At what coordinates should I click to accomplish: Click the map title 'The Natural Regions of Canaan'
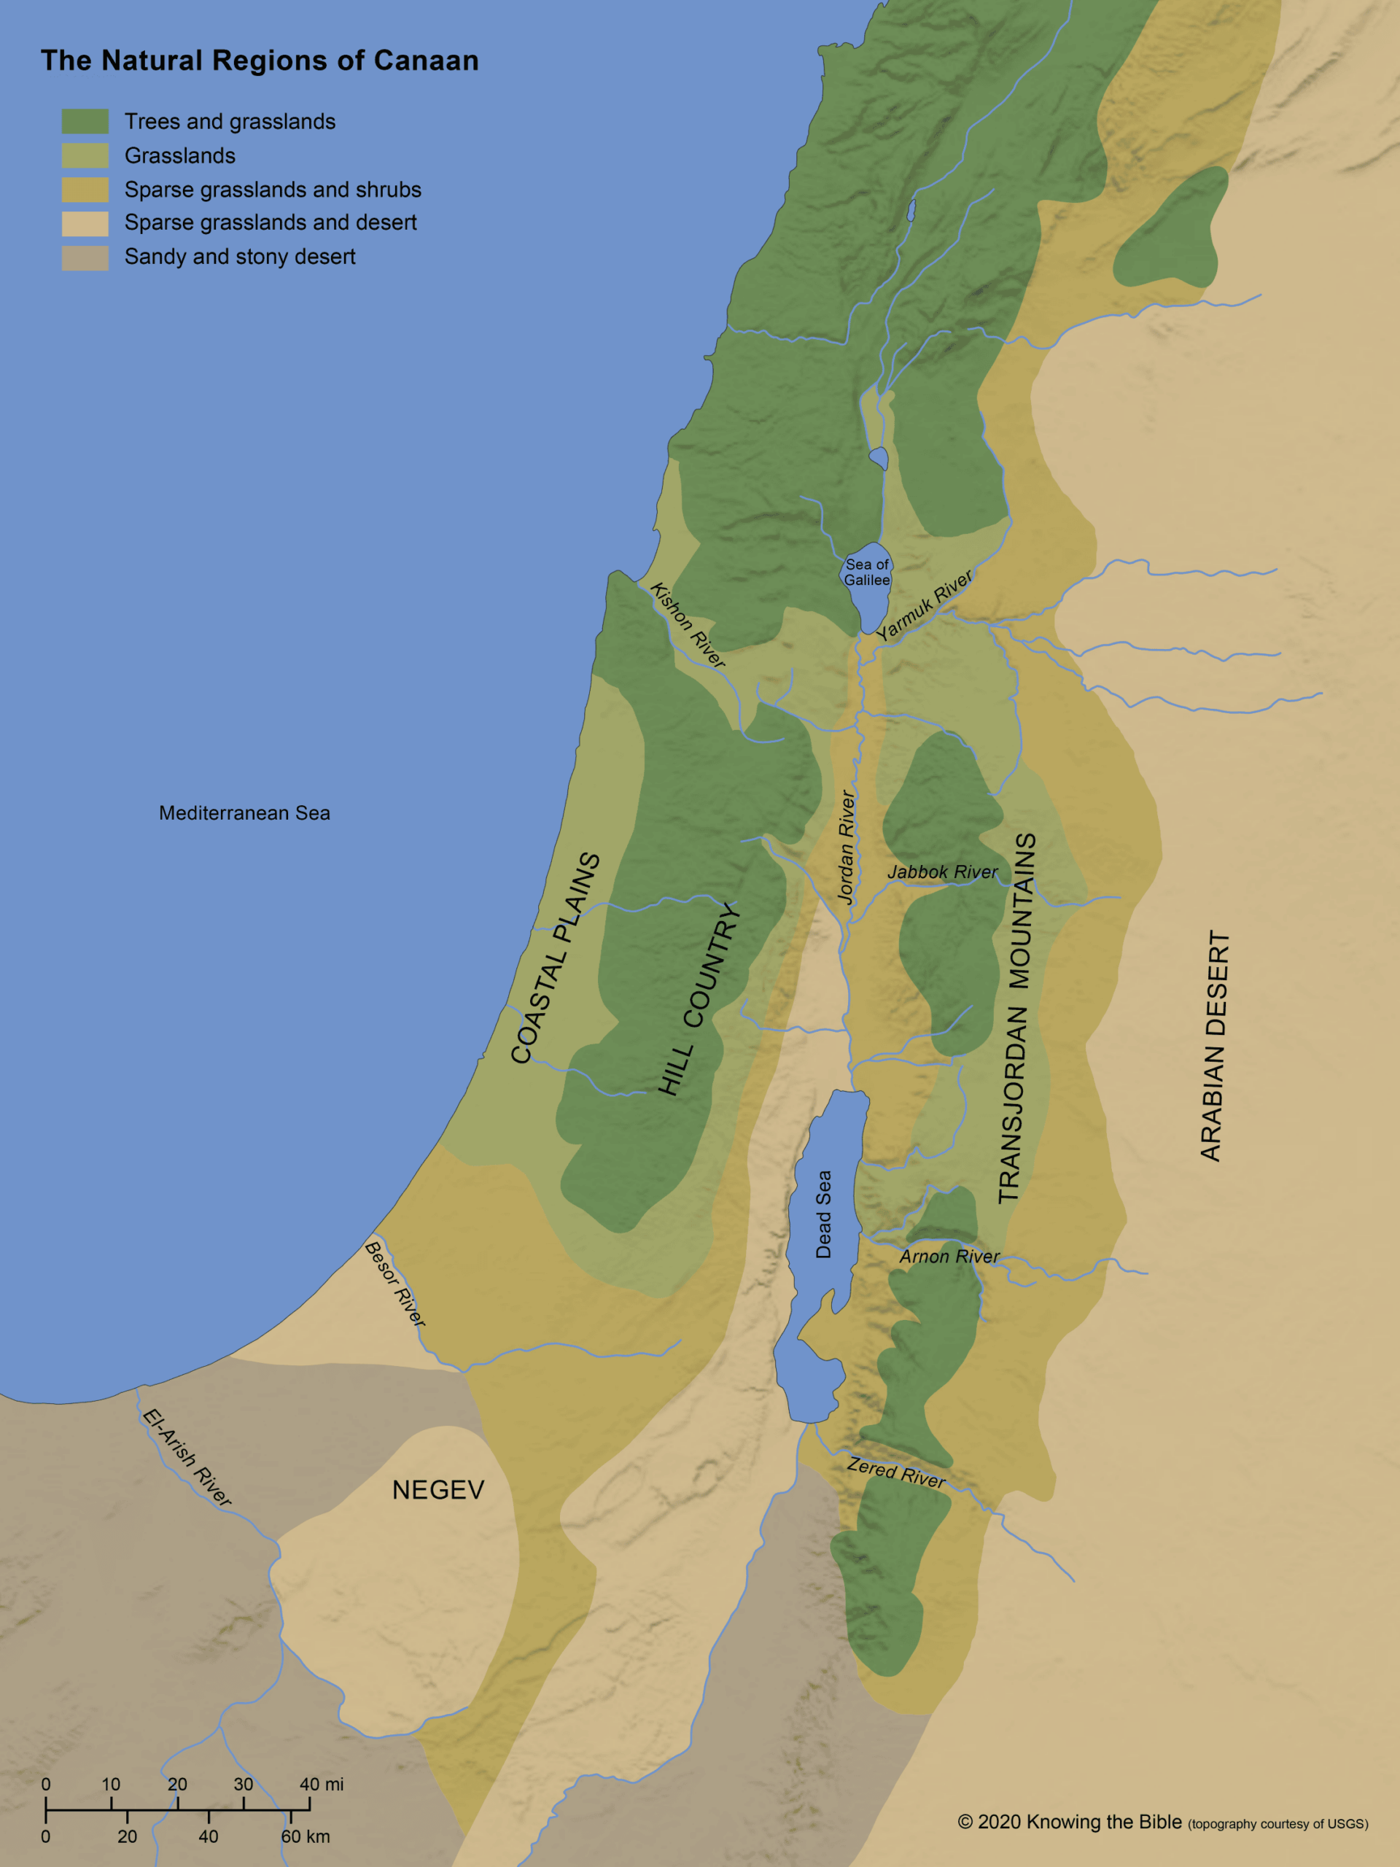pyautogui.click(x=259, y=61)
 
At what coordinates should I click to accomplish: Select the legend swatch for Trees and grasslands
pyautogui.click(x=85, y=122)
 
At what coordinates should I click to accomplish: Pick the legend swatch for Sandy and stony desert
pyautogui.click(x=85, y=257)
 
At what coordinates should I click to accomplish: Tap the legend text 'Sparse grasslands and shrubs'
pyautogui.click(x=273, y=190)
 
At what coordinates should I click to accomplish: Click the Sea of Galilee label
pyautogui.click(x=867, y=572)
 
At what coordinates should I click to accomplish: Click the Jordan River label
pyautogui.click(x=847, y=847)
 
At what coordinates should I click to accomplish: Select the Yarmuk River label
pyautogui.click(x=923, y=605)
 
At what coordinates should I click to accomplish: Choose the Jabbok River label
pyautogui.click(x=942, y=872)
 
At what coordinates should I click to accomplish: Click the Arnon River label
pyautogui.click(x=949, y=1257)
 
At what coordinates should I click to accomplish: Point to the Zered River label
pyautogui.click(x=895, y=1473)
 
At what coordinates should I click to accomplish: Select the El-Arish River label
pyautogui.click(x=187, y=1458)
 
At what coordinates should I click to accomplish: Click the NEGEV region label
pyautogui.click(x=438, y=1490)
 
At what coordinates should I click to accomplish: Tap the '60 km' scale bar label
pyautogui.click(x=305, y=1836)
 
